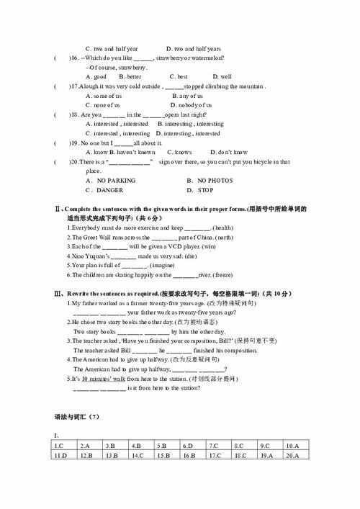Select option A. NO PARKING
coord(106,180)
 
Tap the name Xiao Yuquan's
coord(91,256)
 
